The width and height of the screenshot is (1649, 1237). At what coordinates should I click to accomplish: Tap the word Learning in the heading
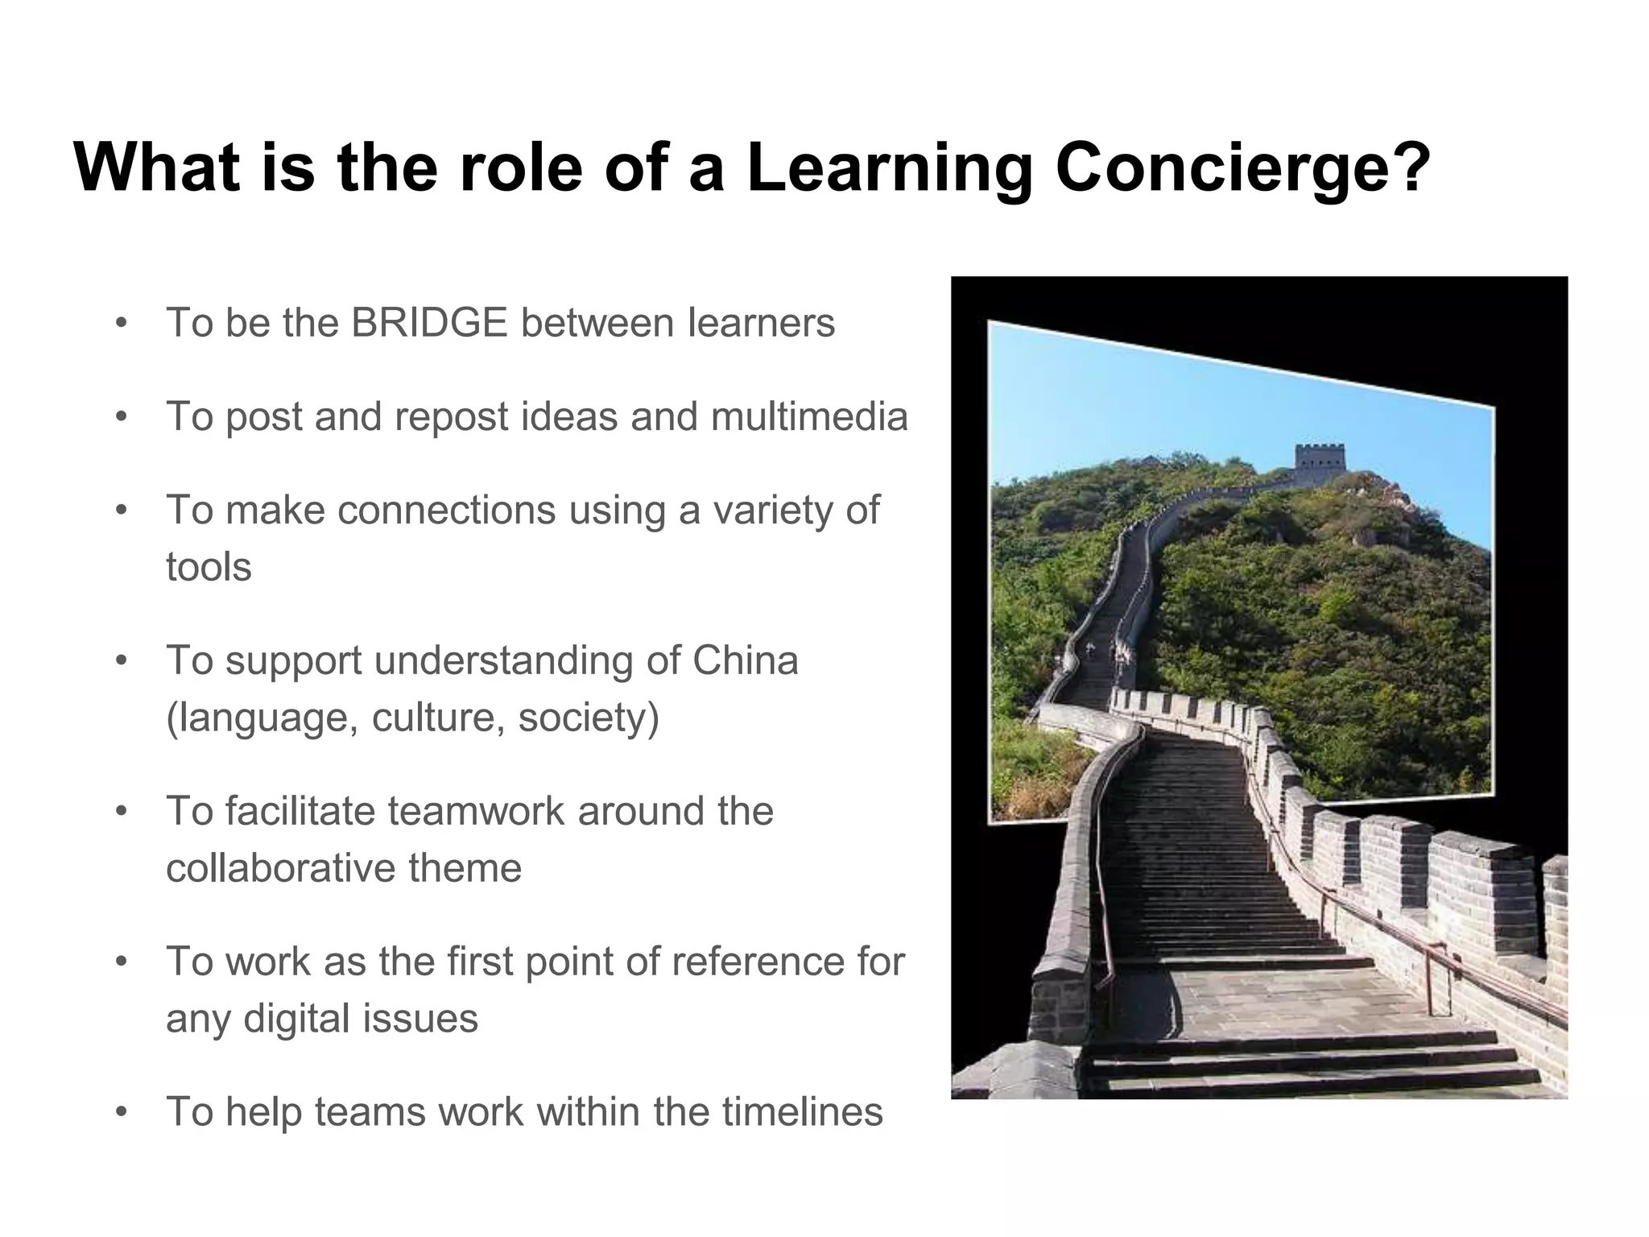point(890,168)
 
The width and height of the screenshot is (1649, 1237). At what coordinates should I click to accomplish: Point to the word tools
point(209,567)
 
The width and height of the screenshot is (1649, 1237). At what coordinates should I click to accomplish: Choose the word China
point(745,660)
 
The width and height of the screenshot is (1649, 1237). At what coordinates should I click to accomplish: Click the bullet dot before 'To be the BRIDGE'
point(122,324)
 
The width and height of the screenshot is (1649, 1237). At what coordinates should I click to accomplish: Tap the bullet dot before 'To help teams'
point(122,1113)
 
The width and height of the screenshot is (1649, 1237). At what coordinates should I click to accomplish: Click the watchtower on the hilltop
point(1319,465)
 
